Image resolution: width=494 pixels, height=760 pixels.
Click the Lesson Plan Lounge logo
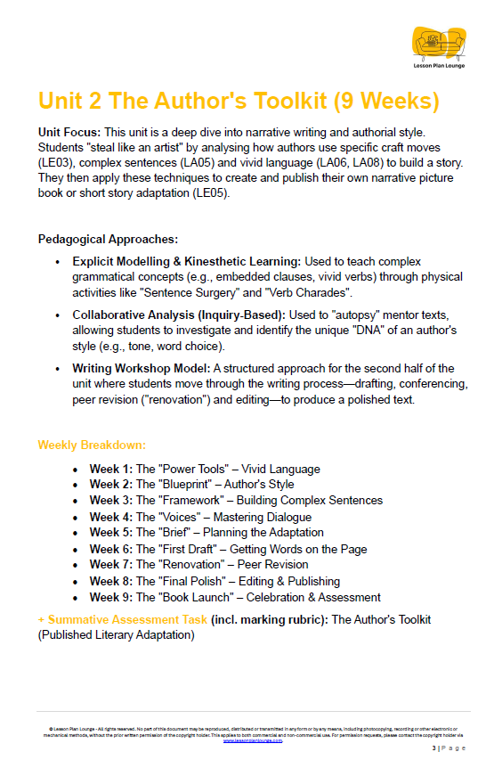click(438, 45)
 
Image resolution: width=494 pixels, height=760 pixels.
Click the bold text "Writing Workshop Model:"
click(142, 368)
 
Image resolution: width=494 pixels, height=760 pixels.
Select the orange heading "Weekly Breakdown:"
click(92, 445)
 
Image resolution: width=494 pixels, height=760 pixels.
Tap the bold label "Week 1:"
click(110, 469)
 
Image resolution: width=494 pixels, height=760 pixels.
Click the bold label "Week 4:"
click(110, 517)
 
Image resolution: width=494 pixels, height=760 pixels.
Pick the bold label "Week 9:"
click(110, 597)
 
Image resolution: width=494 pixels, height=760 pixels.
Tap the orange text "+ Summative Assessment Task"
click(123, 619)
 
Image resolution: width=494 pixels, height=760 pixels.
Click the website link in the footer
click(253, 740)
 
